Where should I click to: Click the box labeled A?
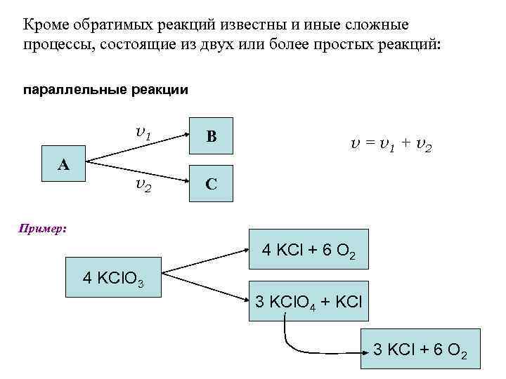coord(63,164)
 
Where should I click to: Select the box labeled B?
coord(210,138)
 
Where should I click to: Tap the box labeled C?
coord(210,184)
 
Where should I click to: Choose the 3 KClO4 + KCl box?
coord(309,302)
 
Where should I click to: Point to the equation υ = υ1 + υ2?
coord(391,145)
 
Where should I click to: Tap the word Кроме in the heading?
coord(46,26)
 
